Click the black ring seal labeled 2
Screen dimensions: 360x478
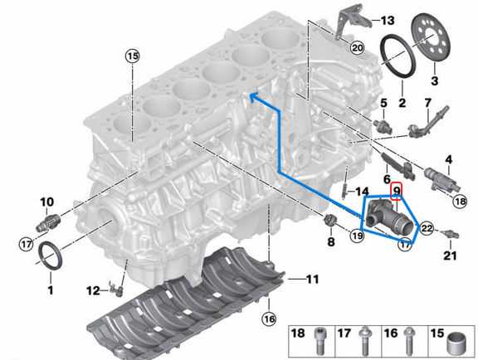[399, 56]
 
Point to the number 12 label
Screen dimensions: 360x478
[93, 289]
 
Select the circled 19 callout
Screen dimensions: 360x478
[357, 236]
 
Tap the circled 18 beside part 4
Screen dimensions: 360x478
[460, 200]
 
